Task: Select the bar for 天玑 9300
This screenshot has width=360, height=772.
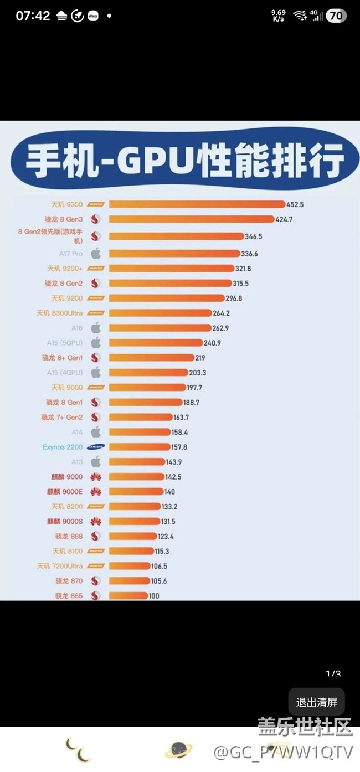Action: click(197, 204)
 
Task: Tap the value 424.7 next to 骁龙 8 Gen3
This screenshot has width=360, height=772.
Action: click(284, 219)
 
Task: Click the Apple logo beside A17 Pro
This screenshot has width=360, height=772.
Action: click(96, 254)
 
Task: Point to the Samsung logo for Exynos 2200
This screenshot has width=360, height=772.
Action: click(96, 447)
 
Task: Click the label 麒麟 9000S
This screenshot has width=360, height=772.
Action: click(65, 521)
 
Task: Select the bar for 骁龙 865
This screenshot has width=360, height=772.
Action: click(128, 596)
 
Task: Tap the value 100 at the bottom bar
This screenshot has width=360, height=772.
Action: click(154, 596)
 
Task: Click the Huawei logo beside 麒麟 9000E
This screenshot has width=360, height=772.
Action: click(96, 492)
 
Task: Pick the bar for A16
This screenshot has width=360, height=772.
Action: click(160, 328)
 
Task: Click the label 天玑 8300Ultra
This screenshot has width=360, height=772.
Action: click(59, 313)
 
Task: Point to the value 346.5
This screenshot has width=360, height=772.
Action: click(253, 236)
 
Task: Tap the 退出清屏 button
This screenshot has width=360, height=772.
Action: click(316, 702)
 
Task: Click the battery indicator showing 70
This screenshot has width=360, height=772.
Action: click(336, 16)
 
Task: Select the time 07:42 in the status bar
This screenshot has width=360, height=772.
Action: click(33, 16)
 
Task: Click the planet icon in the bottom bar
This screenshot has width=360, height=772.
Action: click(179, 749)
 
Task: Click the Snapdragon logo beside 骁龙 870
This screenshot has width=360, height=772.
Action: click(96, 581)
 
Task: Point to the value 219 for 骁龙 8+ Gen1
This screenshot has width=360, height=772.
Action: click(200, 358)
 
